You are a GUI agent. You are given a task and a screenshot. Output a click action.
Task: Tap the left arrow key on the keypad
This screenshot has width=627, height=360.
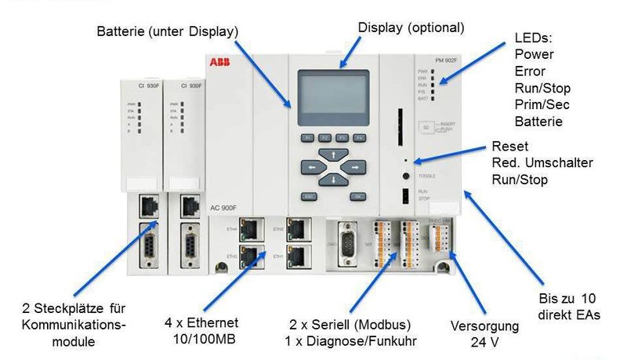click(313, 167)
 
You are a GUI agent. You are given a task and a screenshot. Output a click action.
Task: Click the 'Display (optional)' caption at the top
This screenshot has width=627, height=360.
click(411, 27)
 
